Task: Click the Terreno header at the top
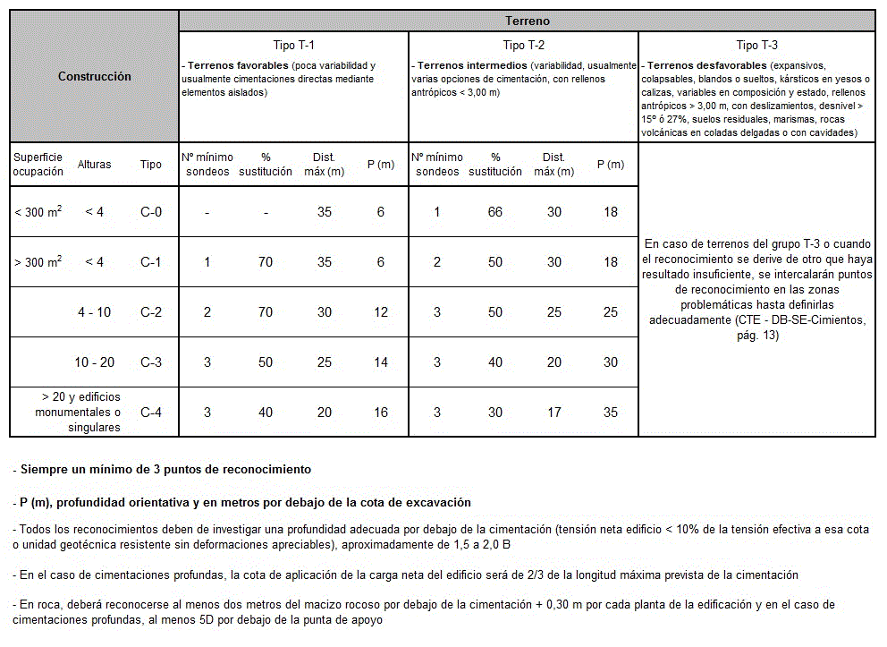pyautogui.click(x=527, y=21)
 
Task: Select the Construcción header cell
pyautogui.click(x=94, y=76)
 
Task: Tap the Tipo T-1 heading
pyautogui.click(x=293, y=45)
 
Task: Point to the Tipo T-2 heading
pyautogui.click(x=523, y=45)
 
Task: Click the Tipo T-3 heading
pyautogui.click(x=756, y=45)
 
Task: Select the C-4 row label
pyautogui.click(x=151, y=413)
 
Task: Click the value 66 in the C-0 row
pyautogui.click(x=494, y=212)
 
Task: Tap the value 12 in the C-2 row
pyautogui.click(x=381, y=312)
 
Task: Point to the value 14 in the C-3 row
pyautogui.click(x=381, y=362)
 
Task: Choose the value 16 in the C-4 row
pyautogui.click(x=381, y=413)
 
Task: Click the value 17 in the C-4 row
pyautogui.click(x=553, y=413)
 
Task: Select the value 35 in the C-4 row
pyautogui.click(x=611, y=413)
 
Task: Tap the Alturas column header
pyautogui.click(x=94, y=165)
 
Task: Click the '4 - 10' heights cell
pyautogui.click(x=94, y=312)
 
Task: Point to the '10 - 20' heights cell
pyautogui.click(x=94, y=362)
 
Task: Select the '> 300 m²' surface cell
pyautogui.click(x=38, y=262)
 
